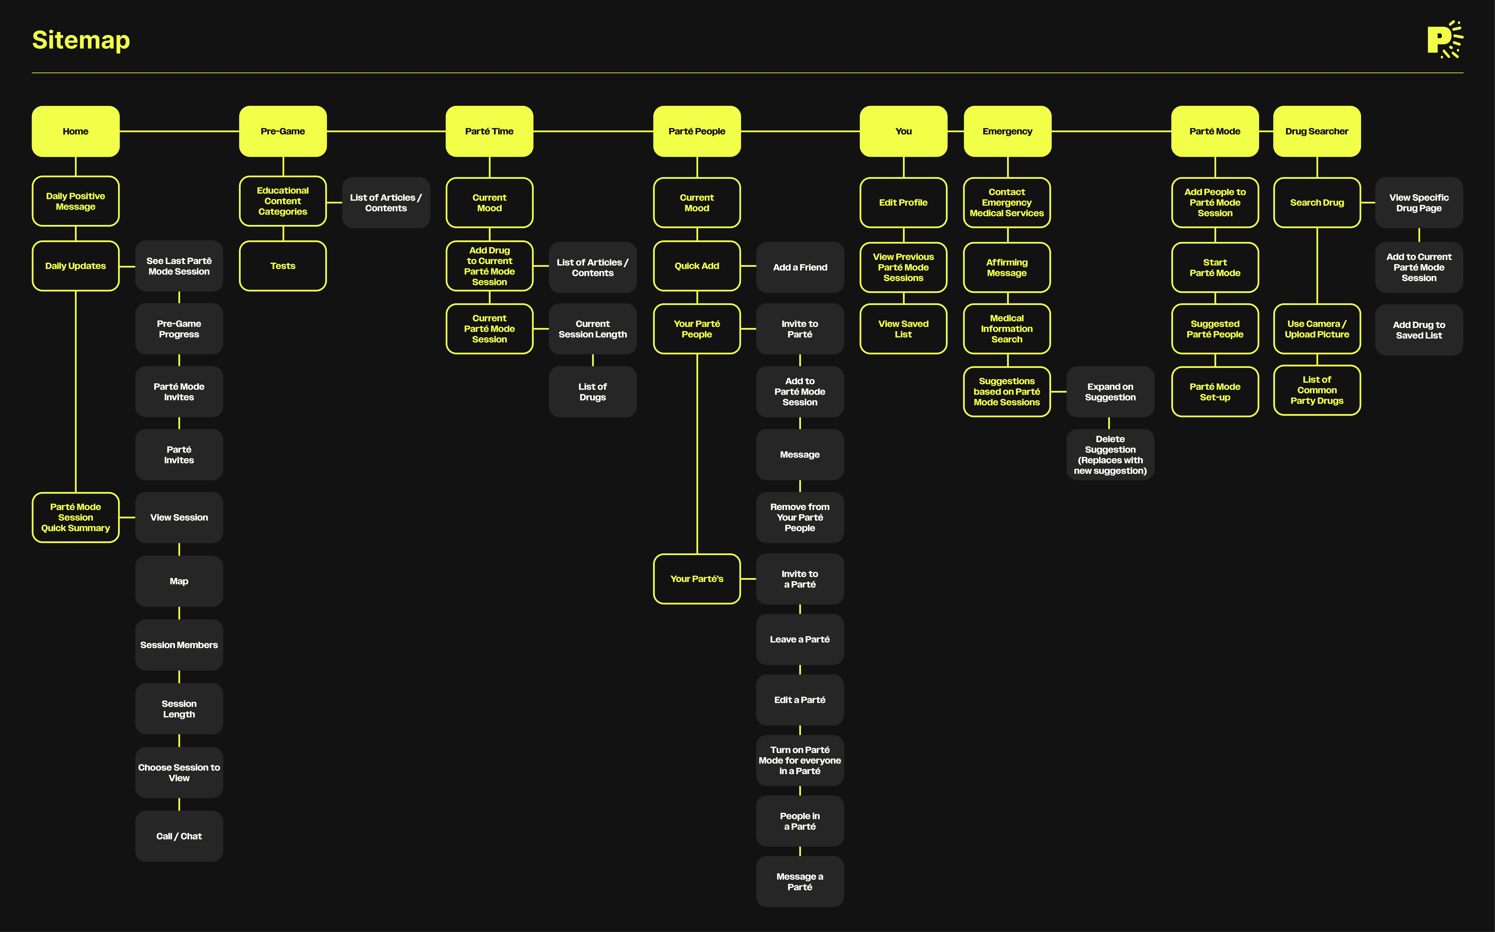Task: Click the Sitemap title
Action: point(81,40)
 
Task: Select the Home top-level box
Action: point(75,131)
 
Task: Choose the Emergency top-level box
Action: point(1007,131)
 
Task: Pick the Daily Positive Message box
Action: point(75,202)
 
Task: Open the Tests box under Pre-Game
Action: point(282,266)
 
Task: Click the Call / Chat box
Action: point(179,836)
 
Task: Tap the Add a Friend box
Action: point(800,267)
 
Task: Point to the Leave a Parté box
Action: point(800,639)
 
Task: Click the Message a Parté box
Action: point(800,882)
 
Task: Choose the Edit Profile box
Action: point(903,202)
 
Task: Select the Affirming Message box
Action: point(1007,268)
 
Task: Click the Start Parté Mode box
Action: point(1214,268)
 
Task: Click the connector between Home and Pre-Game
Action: point(179,131)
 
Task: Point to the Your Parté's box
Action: point(697,579)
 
